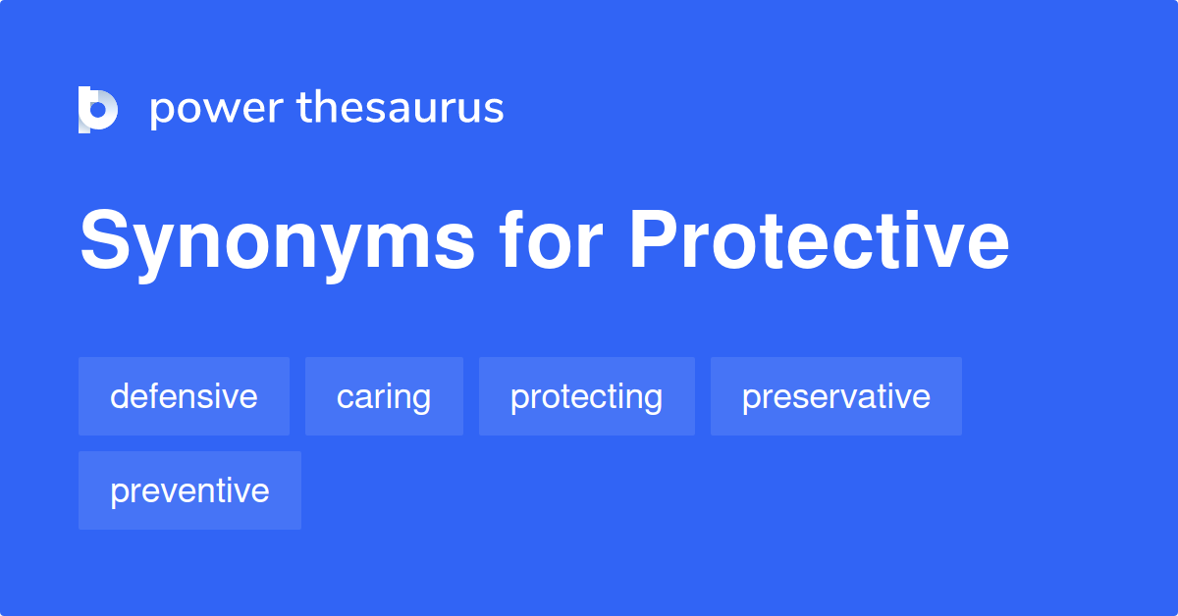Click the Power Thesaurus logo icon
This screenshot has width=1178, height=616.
click(98, 109)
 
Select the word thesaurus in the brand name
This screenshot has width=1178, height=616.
click(401, 109)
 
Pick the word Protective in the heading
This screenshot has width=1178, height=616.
click(819, 242)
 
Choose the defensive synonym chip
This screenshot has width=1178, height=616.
click(184, 396)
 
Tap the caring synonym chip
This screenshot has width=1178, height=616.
click(384, 396)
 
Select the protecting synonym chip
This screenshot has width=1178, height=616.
click(586, 396)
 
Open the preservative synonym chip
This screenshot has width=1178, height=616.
click(835, 396)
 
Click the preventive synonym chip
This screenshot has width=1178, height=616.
click(189, 490)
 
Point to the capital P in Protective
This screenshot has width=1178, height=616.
click(652, 242)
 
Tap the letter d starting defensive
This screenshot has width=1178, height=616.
click(120, 396)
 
